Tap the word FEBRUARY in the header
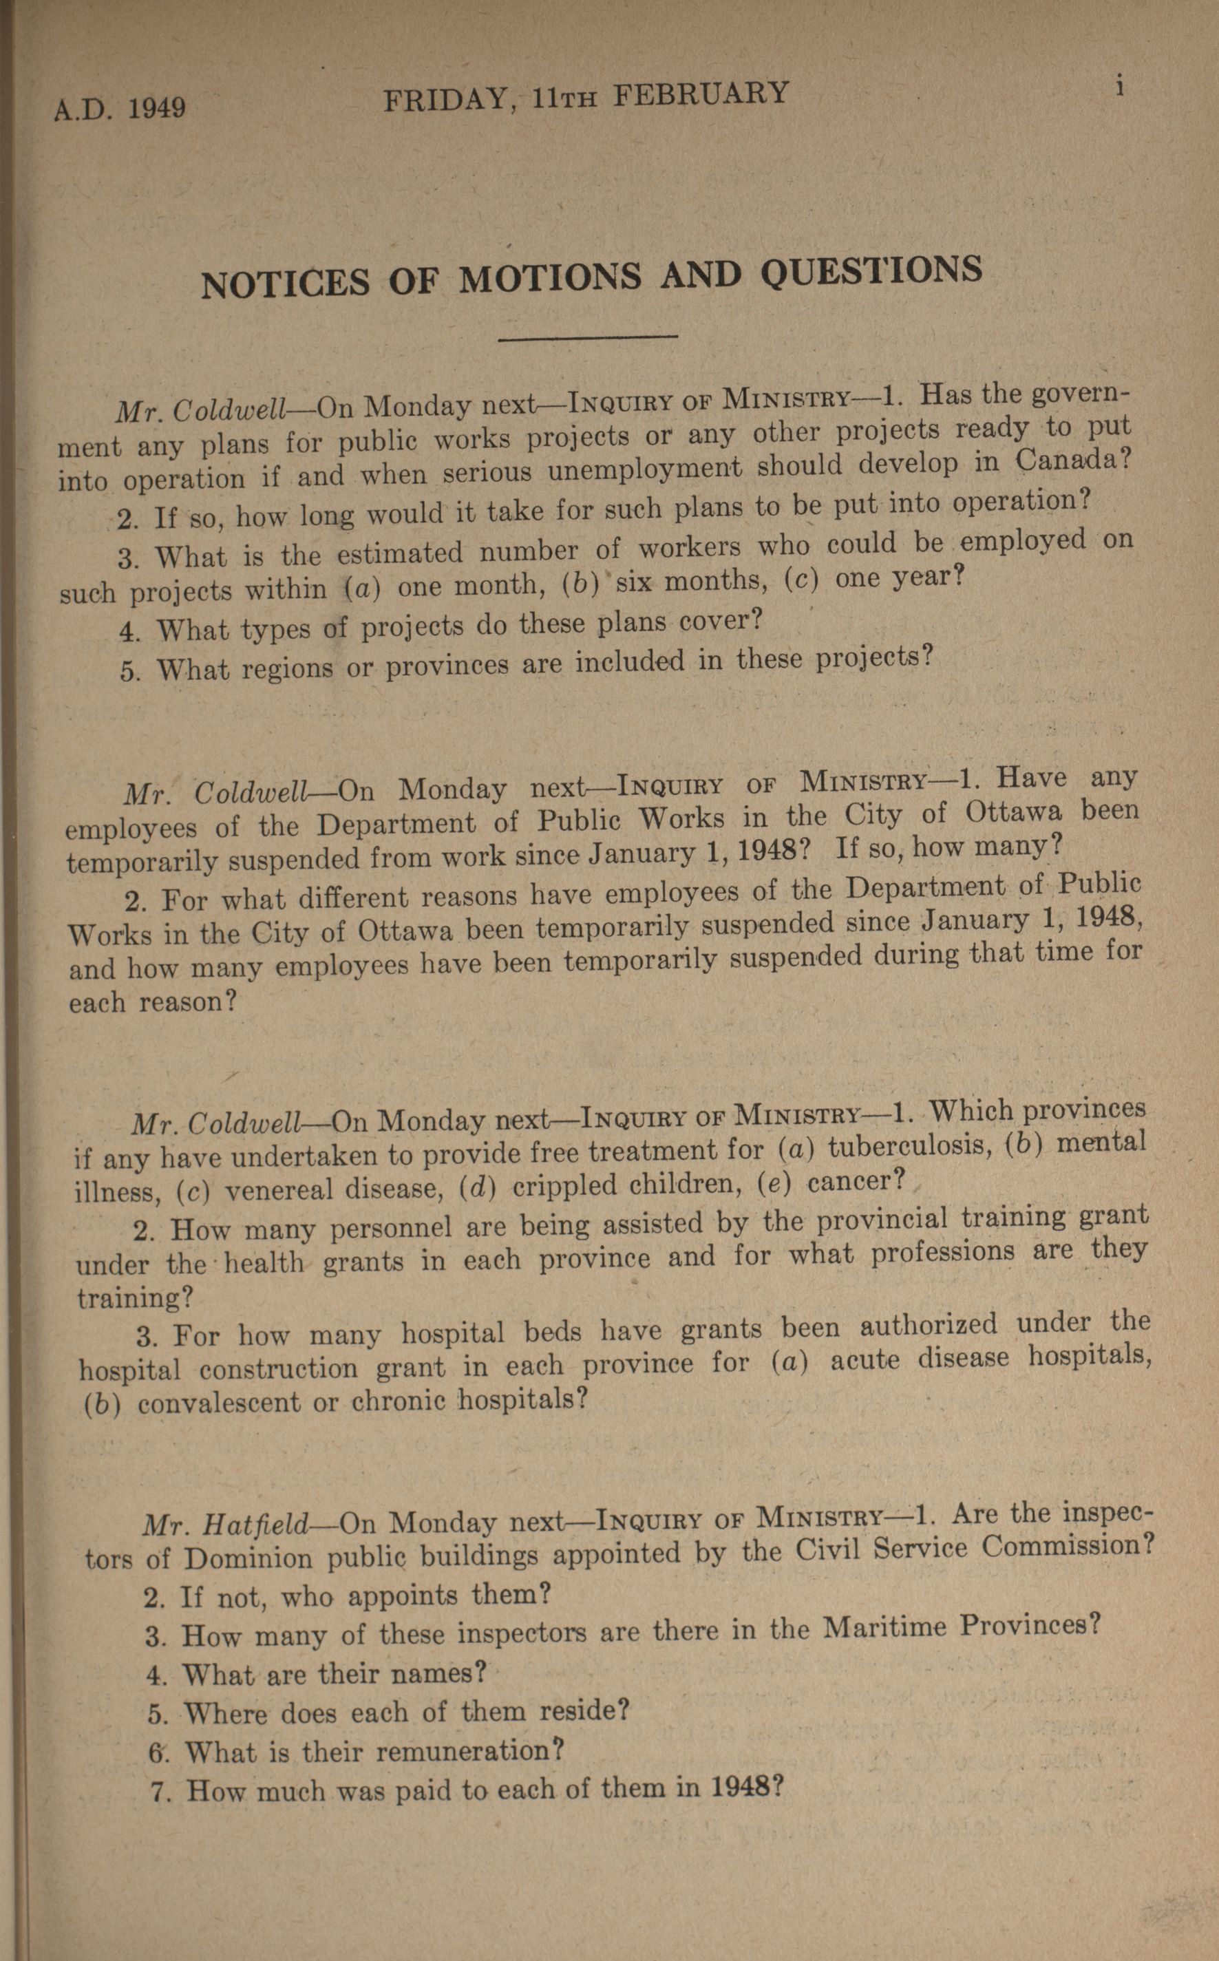[700, 94]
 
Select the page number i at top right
[1119, 87]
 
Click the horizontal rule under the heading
[588, 338]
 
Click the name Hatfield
[257, 1525]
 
